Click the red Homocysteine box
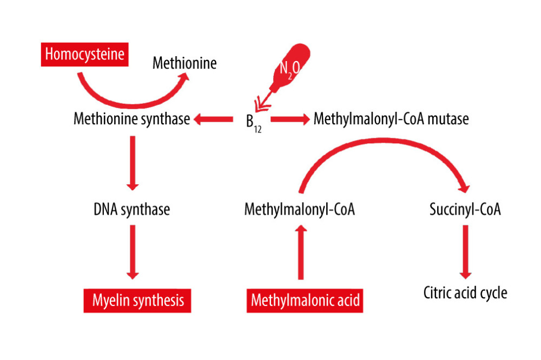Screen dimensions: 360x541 (84, 54)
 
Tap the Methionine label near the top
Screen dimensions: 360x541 (184, 63)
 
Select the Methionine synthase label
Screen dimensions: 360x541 (131, 119)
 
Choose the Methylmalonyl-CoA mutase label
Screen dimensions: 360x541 (391, 119)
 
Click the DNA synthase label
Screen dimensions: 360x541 (131, 209)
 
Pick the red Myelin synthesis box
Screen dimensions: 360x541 (137, 300)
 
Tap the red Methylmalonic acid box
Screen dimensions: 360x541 (305, 300)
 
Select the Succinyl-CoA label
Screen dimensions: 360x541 (465, 209)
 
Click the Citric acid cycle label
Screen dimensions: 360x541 (465, 293)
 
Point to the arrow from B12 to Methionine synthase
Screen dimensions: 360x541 (213, 119)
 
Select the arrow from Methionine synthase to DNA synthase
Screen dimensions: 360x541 (131, 162)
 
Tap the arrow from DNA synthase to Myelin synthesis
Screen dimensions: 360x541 (131, 251)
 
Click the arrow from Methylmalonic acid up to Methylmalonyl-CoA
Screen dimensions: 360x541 (301, 252)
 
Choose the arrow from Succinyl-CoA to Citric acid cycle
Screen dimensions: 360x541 (465, 251)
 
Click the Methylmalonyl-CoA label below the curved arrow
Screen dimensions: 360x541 (299, 209)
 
